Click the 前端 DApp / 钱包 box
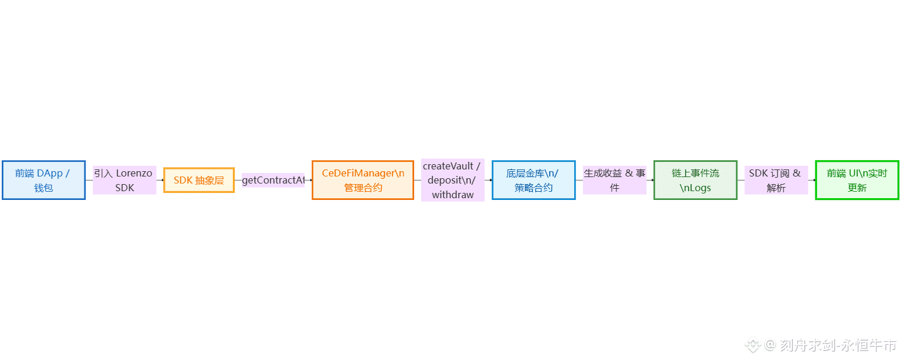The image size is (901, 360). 43,180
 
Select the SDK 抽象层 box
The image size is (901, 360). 199,180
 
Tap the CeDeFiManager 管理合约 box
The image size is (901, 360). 363,180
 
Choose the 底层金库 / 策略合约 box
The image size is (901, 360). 533,180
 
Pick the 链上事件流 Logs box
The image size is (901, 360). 695,180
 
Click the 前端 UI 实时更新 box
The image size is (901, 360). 856,180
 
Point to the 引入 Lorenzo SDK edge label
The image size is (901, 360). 124,180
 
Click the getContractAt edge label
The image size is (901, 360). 273,180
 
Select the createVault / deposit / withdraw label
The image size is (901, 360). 452,180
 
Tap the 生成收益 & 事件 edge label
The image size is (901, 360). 614,180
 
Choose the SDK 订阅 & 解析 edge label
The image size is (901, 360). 775,180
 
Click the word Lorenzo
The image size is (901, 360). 134,173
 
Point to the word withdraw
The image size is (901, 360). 452,195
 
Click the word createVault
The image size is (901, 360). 448,166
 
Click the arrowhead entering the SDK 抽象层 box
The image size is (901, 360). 162,180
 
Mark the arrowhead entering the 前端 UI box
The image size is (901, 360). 814,180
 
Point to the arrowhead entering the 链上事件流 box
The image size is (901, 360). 652,180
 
